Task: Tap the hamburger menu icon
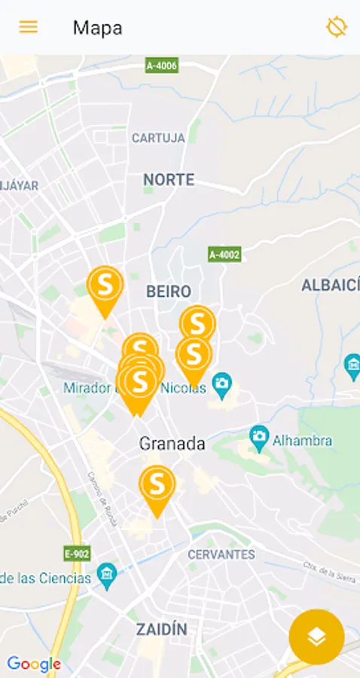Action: pos(29,27)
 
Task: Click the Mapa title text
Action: pos(97,29)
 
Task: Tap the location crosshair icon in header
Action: pos(336,27)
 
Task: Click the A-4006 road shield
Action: pos(161,66)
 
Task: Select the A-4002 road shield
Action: pos(224,255)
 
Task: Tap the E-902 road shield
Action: pos(77,554)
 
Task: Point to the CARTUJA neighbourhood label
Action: pos(158,138)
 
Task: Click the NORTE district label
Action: pos(169,179)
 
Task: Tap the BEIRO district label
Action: pos(169,291)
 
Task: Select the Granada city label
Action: pos(172,443)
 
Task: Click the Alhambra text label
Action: pos(301,440)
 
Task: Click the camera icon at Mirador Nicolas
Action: pos(221,385)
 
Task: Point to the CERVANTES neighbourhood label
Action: pos(221,554)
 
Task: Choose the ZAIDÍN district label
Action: pos(162,629)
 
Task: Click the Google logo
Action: pos(34,664)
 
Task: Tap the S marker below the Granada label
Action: pos(157,484)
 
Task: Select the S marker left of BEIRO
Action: pos(105,285)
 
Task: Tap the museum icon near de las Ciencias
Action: pos(107,577)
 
